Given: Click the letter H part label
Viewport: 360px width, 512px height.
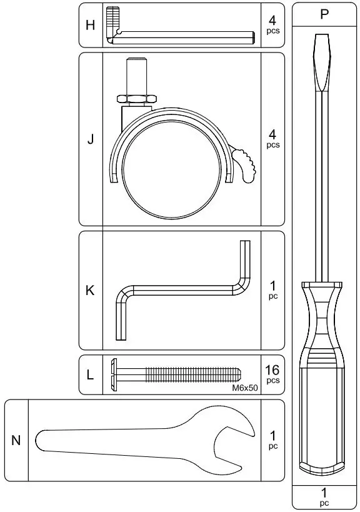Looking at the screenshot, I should tap(91, 26).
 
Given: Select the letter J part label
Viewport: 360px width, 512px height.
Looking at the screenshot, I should tap(91, 139).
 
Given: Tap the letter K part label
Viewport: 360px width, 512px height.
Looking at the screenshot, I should tap(91, 291).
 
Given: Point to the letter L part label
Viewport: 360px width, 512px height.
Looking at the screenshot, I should tap(91, 375).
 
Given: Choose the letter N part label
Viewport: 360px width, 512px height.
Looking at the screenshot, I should tap(16, 441).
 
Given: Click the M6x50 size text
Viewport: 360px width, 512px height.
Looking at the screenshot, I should tap(244, 388).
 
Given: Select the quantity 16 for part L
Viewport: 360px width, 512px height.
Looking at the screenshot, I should tap(272, 369).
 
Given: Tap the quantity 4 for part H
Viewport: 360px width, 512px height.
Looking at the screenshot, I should tap(272, 21).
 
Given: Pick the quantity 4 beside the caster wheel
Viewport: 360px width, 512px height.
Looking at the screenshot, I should tap(272, 134).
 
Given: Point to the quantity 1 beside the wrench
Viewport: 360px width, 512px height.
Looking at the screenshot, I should tap(272, 435).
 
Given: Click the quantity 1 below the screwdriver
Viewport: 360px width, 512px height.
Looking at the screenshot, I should tap(324, 492).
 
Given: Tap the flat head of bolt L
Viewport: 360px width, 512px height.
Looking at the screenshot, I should tap(114, 374).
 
